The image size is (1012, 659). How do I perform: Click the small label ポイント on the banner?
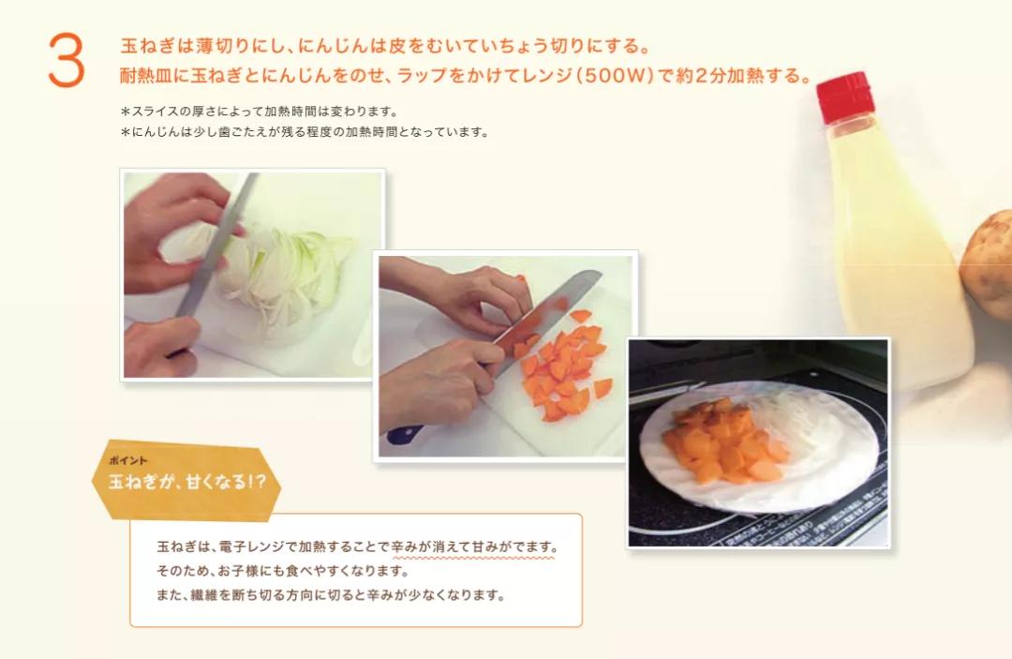pos(128,462)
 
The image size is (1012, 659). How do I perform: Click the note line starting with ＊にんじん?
pos(304,132)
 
